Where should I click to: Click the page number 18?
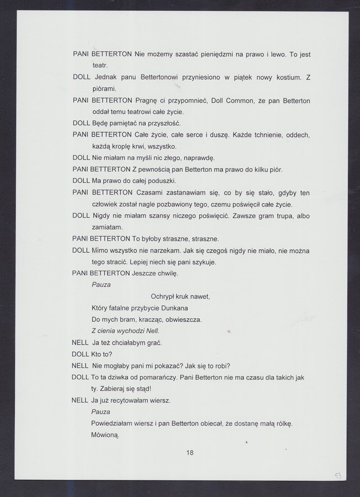pyautogui.click(x=190, y=453)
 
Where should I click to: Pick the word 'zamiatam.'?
pyautogui.click(x=107, y=227)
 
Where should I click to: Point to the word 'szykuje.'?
pyautogui.click(x=203, y=262)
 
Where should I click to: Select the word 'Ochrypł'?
pyautogui.click(x=163, y=297)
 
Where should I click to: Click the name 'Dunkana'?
pyautogui.click(x=174, y=308)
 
